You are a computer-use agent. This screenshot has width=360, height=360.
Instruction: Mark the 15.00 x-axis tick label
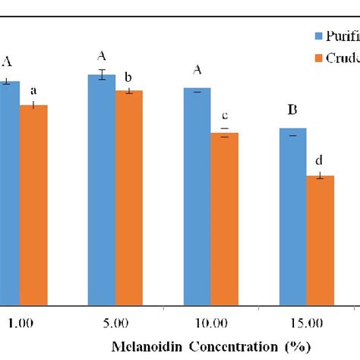point(305,323)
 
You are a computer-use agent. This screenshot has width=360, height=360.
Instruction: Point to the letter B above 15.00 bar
point(292,111)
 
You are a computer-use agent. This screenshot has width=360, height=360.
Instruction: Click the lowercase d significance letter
point(319,160)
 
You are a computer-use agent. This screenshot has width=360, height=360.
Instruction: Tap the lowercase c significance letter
point(225,115)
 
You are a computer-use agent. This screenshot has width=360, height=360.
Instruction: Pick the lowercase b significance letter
point(128,77)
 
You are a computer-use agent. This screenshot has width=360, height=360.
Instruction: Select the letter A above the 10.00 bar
point(197,71)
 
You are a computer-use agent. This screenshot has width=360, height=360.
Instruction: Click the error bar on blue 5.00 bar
point(102,74)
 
